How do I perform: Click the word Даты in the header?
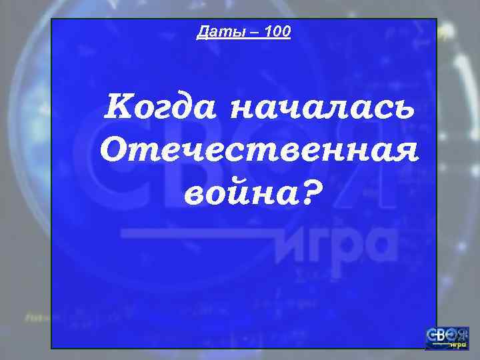[214, 31]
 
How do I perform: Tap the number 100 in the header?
[277, 31]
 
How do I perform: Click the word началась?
[323, 109]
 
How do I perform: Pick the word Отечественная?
[259, 151]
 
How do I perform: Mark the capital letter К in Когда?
[115, 107]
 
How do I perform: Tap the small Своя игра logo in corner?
[447, 338]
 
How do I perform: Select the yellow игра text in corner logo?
[458, 345]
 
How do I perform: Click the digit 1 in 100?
[266, 31]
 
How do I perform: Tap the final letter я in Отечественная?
[406, 152]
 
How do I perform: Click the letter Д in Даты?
[203, 31]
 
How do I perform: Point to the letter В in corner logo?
[441, 335]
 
